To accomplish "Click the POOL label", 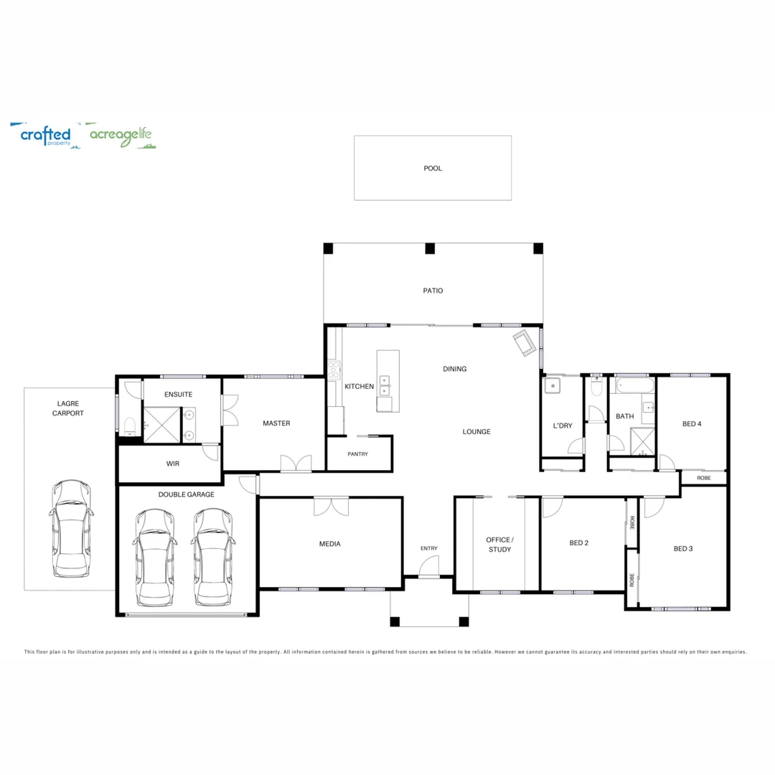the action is [433, 169].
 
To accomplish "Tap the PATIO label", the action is [433, 291].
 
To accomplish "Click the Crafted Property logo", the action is [45, 135].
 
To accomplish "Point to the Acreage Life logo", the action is [120, 136].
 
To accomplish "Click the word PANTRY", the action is [357, 454].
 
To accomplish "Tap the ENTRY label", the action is [428, 549].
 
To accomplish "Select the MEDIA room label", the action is [329, 544].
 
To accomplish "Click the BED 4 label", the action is [692, 424].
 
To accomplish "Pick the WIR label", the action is [173, 464].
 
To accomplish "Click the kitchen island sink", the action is [385, 385].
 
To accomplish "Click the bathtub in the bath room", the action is [635, 386].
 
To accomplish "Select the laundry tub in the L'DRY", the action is [553, 386].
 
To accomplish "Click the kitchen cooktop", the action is [334, 370].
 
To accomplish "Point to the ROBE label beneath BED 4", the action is [703, 477].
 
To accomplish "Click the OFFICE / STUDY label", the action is [499, 544].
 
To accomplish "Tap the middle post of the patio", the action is [430, 249].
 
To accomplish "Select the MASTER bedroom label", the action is [276, 423].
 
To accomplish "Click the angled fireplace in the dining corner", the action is [524, 344].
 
